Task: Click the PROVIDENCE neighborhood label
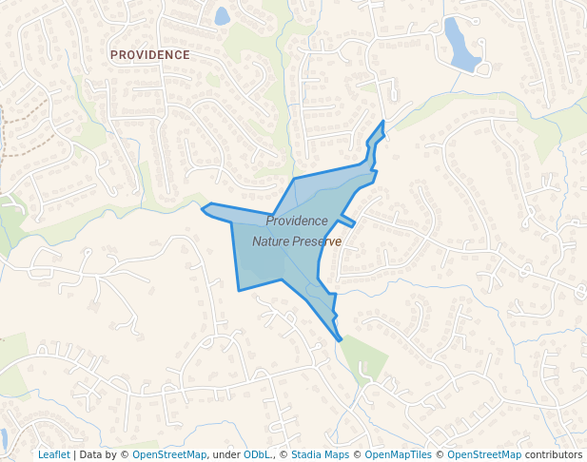[x=150, y=55]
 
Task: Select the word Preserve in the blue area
[x=318, y=241]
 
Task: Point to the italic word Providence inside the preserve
[x=297, y=221]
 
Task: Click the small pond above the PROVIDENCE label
[x=222, y=16]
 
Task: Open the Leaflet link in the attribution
[x=53, y=454]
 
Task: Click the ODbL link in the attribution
[x=256, y=454]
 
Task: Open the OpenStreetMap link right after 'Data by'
[x=169, y=454]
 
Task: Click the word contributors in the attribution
[x=554, y=454]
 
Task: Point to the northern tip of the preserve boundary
[x=383, y=122]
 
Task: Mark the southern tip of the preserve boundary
[x=339, y=339]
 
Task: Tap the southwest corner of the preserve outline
[x=238, y=289]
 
